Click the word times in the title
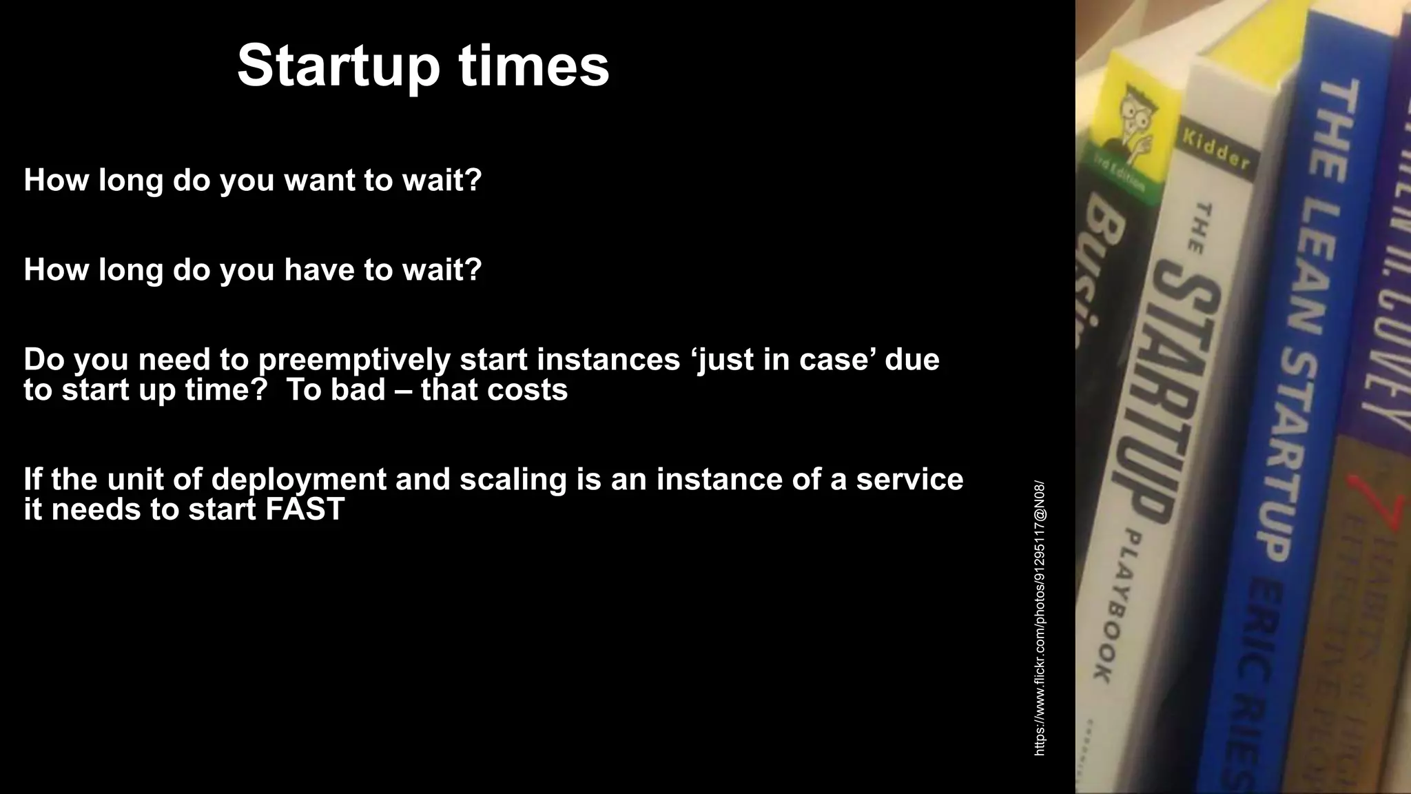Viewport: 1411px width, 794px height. click(x=534, y=67)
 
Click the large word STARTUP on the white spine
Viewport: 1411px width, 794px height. click(x=1177, y=386)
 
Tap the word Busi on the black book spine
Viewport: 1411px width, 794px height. click(x=1099, y=276)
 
